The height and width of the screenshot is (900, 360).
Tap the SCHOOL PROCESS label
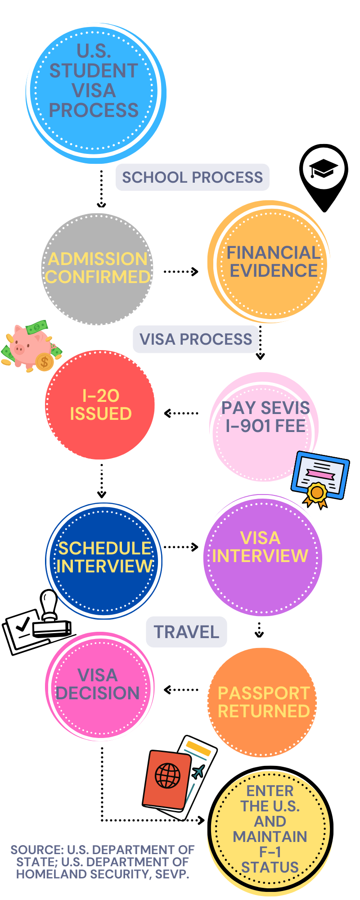coord(192,177)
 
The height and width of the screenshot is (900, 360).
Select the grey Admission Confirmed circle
coord(98,269)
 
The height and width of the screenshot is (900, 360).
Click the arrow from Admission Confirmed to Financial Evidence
coord(180,271)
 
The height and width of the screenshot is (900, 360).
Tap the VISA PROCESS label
coord(196,339)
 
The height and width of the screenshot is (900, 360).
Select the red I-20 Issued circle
coord(100,405)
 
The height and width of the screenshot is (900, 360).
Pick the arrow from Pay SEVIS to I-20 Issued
coord(181,413)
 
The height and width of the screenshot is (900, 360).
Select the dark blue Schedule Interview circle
coord(104,560)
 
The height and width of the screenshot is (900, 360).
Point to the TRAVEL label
coord(186,632)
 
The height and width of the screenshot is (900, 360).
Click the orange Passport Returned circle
coord(263,702)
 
